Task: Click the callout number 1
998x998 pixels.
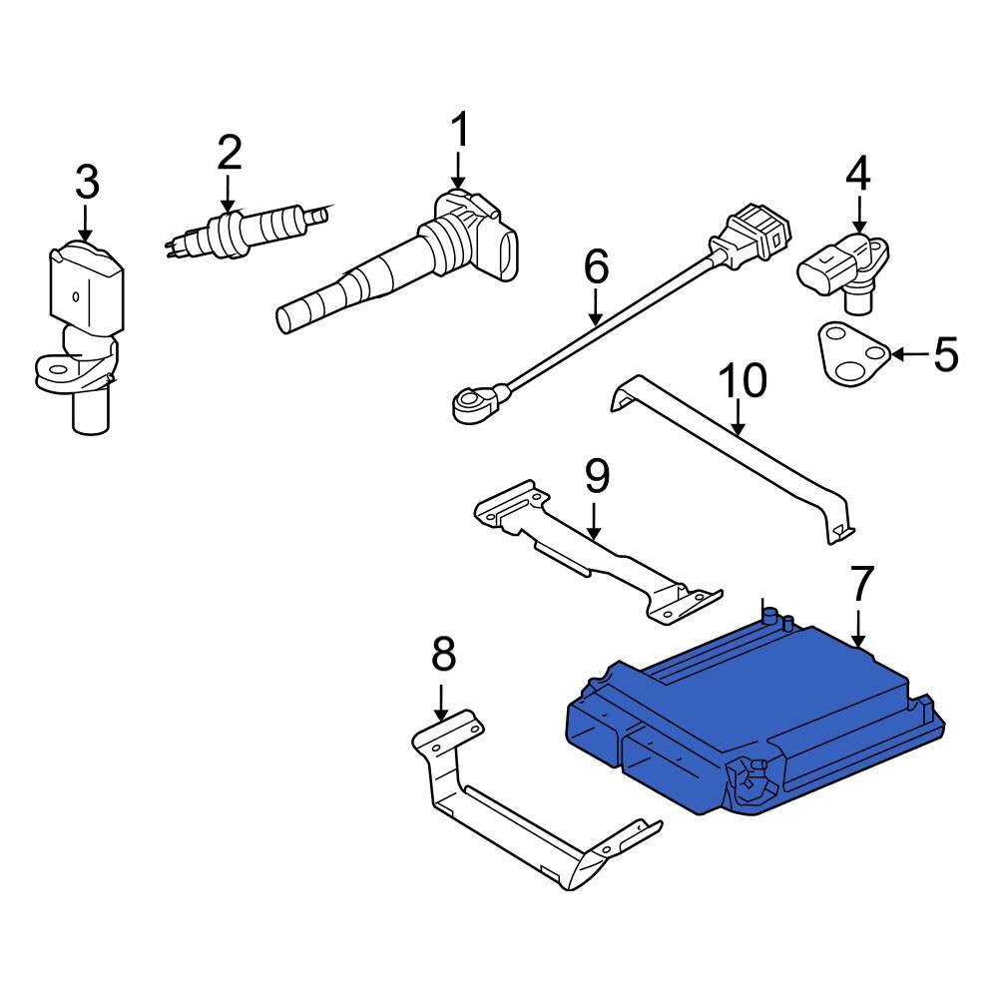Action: coord(459,130)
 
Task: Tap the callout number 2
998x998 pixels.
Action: coord(229,152)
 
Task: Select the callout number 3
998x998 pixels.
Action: coord(87,182)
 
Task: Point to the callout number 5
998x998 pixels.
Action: coord(945,354)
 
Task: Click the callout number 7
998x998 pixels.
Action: coord(861,583)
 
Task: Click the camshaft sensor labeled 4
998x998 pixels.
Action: coord(843,267)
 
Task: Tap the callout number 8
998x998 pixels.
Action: coord(443,656)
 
